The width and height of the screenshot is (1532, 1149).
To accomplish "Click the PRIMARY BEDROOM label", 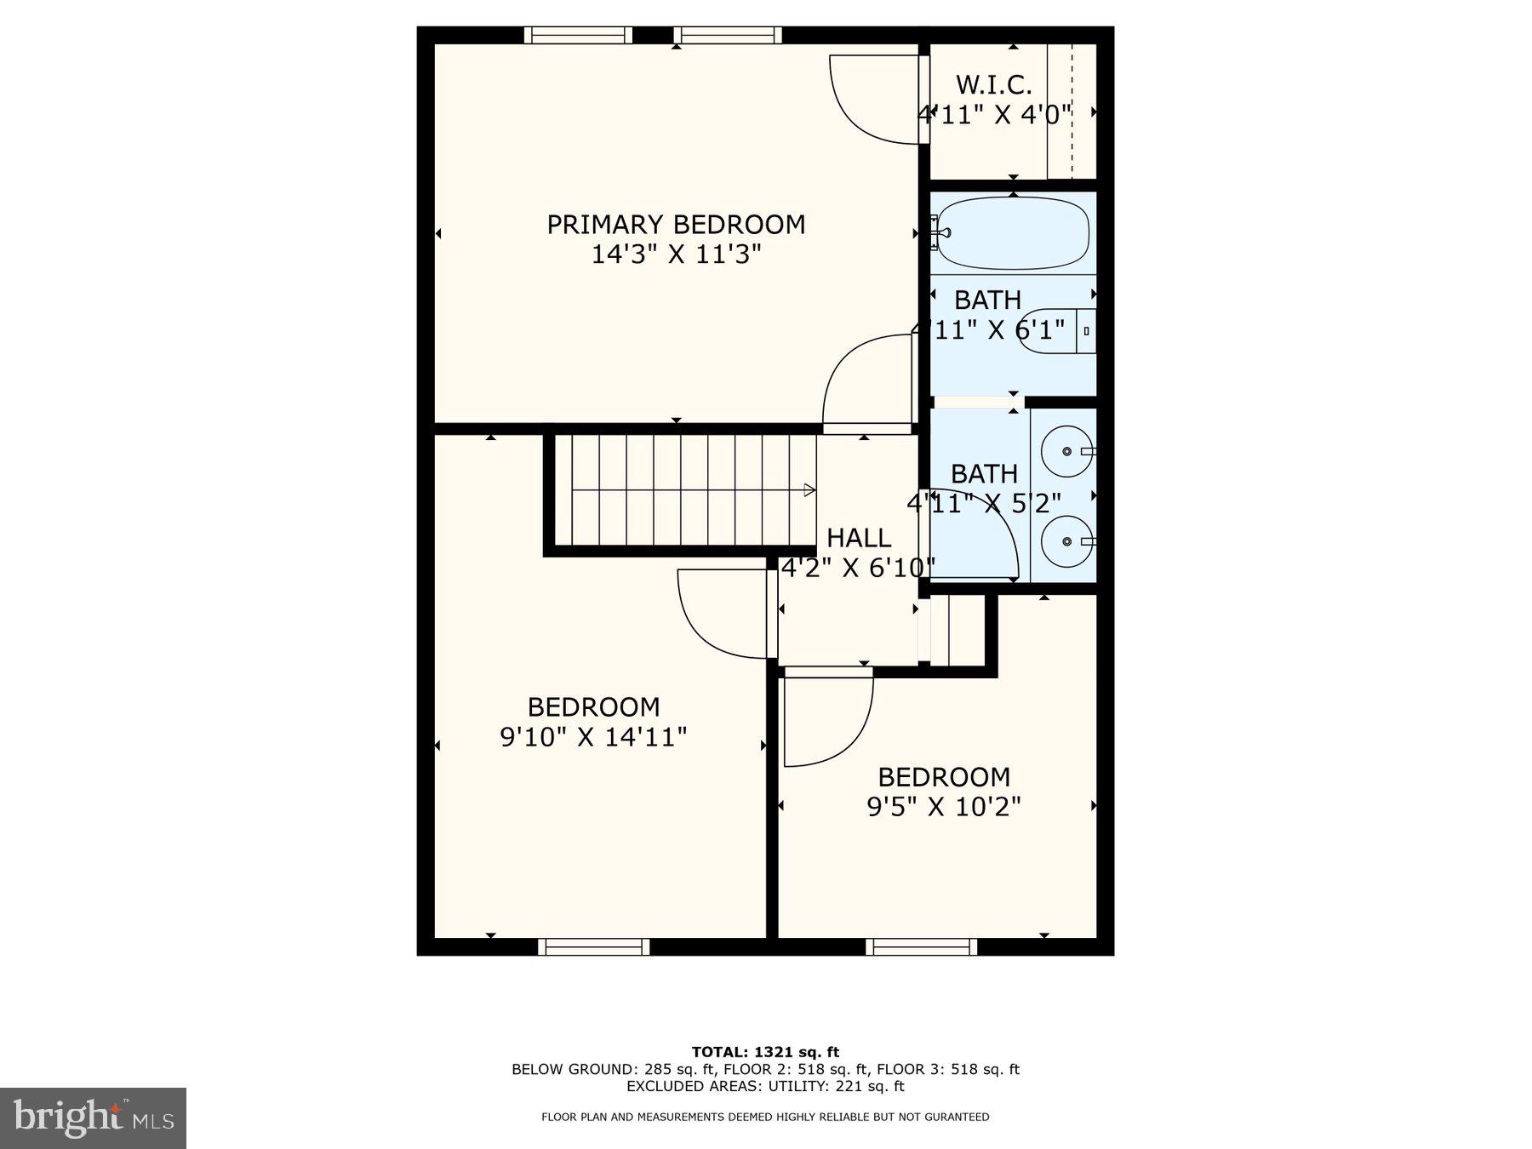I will click(675, 225).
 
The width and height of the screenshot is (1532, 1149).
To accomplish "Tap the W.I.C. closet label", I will click(993, 85).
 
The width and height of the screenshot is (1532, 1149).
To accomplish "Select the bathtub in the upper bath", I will click(1011, 233).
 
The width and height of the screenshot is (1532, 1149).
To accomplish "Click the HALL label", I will click(859, 538).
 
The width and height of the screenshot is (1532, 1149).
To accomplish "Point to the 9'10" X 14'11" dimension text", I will click(593, 736).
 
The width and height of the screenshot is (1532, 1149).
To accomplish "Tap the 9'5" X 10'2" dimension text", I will click(943, 806).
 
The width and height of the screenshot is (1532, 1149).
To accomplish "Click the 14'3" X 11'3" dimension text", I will click(675, 254).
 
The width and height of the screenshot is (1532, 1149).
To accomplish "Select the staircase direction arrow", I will click(809, 490).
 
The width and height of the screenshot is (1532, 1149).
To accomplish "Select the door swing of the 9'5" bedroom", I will click(826, 719).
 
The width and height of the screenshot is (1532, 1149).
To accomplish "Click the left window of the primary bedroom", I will click(578, 35).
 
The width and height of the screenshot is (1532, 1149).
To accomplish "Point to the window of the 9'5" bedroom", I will click(921, 946).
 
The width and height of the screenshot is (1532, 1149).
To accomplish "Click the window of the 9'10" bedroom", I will click(593, 946).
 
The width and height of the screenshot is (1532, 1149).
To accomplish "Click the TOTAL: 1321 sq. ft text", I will click(765, 1052).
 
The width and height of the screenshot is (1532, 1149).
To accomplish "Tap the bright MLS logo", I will click(93, 1117).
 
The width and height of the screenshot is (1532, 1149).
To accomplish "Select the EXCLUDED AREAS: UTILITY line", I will click(765, 1086).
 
